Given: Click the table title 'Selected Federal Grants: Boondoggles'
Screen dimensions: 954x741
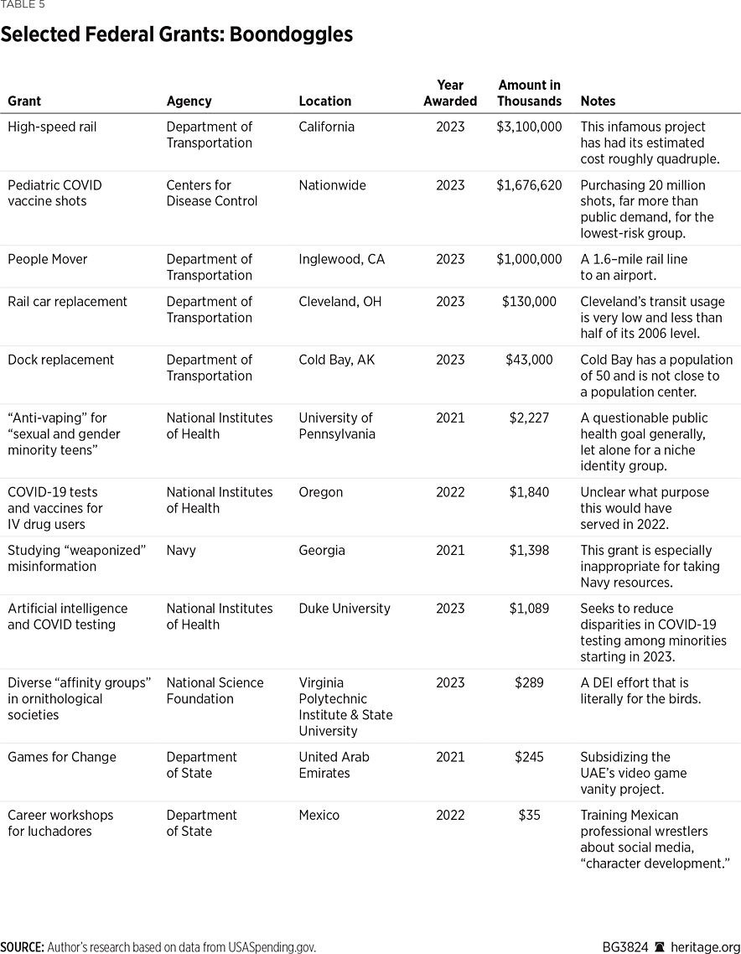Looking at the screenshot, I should [176, 35].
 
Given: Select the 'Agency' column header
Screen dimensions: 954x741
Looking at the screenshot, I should [189, 101].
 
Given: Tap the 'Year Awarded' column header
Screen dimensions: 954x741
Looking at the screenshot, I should [450, 93].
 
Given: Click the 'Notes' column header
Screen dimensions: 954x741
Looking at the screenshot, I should [598, 101].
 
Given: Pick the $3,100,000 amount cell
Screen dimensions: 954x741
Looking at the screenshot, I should [529, 127].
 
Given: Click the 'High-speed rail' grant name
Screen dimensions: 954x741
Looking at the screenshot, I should [52, 127].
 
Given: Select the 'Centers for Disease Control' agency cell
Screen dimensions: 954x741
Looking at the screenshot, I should [212, 193].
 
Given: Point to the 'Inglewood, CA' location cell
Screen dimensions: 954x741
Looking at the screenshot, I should [341, 260].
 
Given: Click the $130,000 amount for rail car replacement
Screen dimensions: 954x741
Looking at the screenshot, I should [529, 302].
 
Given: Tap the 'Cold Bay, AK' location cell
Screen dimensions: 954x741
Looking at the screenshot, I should [337, 360].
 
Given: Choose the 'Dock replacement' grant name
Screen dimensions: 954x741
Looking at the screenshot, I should [61, 360].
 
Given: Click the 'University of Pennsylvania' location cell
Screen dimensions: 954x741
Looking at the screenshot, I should [337, 426].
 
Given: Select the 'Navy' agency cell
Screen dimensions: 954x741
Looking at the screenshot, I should [182, 551].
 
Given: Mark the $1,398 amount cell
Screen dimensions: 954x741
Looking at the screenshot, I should [529, 551].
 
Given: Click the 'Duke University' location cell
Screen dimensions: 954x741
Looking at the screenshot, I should [345, 609].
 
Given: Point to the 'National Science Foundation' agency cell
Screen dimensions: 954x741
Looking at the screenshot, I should [215, 691].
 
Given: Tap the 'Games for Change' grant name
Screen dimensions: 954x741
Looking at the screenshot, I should [62, 757].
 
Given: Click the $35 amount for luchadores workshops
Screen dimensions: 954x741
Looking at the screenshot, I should [529, 815].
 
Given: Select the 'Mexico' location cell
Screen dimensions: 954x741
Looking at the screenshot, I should [319, 815].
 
